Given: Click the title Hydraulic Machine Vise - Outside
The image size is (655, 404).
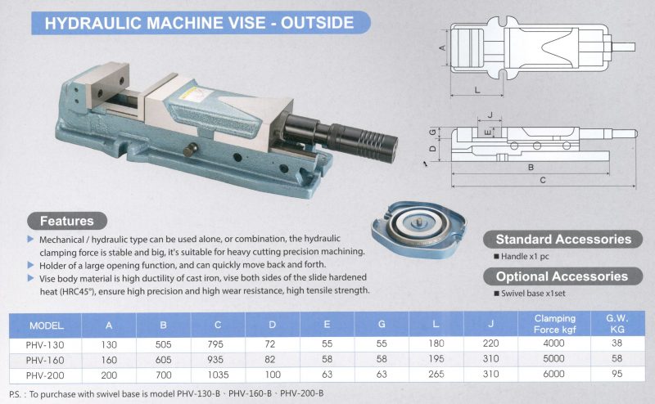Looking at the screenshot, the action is pos(200,23).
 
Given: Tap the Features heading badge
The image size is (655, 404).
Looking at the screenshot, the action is pos(67,221).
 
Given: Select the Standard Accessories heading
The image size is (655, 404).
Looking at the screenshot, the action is pos(562,239).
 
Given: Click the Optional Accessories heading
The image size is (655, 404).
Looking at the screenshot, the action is pos(562,276).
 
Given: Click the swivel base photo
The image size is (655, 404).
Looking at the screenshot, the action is pos(418,228).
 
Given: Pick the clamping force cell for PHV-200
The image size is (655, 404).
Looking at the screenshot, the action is pos(553,374).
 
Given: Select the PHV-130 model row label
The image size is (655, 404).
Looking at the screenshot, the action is pos(45,345).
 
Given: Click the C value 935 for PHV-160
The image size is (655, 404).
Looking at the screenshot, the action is pos(215,359).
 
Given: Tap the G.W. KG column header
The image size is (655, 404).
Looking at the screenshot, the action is pos(617,324).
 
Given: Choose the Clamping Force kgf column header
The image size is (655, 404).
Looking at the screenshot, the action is pos(555,324).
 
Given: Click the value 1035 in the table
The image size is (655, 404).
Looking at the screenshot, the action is pos(218,375).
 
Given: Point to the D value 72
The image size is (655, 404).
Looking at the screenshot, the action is pos(270,344).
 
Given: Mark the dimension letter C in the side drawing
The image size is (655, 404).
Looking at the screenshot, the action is pos(543,180).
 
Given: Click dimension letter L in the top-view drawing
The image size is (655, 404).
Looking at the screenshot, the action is pos(477,90).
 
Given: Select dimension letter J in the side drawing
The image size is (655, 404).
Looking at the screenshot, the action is pos(490,114).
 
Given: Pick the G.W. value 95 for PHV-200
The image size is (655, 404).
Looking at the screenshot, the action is pos(617,374).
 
